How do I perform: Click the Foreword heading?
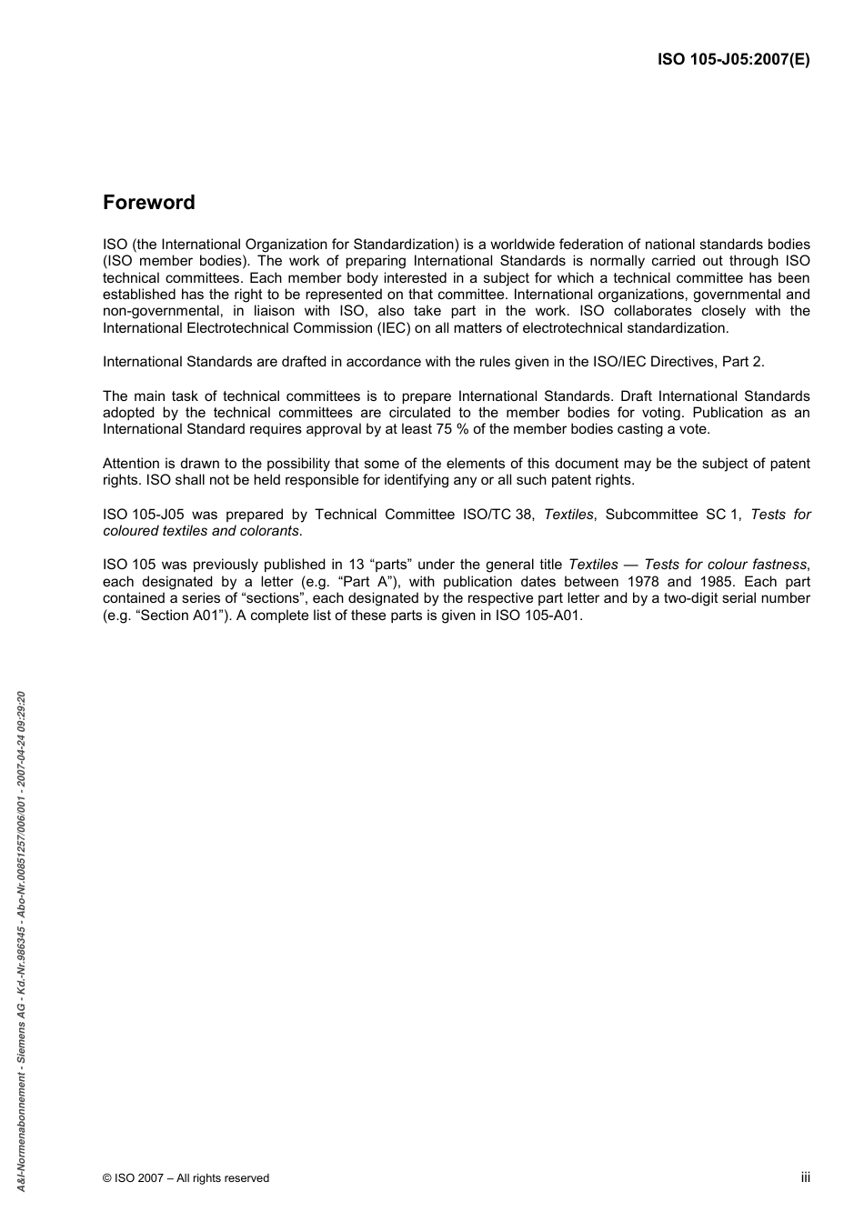coord(148,203)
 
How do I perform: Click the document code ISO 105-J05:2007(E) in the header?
coord(733,61)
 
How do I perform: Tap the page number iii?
coord(805,1177)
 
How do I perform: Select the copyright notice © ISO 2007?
coord(186,1178)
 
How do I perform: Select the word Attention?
coord(132,464)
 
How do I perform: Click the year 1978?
coord(637,582)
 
